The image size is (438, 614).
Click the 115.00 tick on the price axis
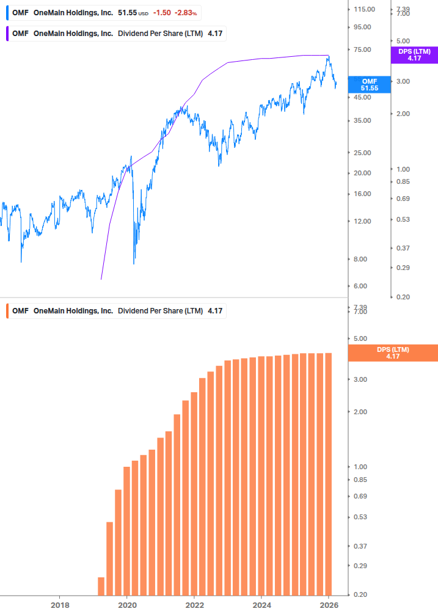pos(363,9)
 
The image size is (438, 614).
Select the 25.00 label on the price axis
pos(363,153)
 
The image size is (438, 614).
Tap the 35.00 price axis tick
pos(363,120)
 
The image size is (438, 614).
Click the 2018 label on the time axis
pos(59,604)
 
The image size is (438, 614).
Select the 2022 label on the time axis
pos(194,604)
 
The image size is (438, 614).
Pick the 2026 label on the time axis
pos(328,604)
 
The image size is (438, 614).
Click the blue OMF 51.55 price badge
pos(369,85)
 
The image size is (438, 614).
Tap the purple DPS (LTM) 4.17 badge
pos(414,55)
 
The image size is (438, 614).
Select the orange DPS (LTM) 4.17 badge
pos(392,353)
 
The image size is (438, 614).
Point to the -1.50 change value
pos(162,13)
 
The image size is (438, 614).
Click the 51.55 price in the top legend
pos(128,13)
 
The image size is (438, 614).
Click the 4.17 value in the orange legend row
pos(215,311)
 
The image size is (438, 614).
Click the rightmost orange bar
pos(328,473)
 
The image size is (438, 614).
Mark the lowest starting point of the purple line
pos(101,279)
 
